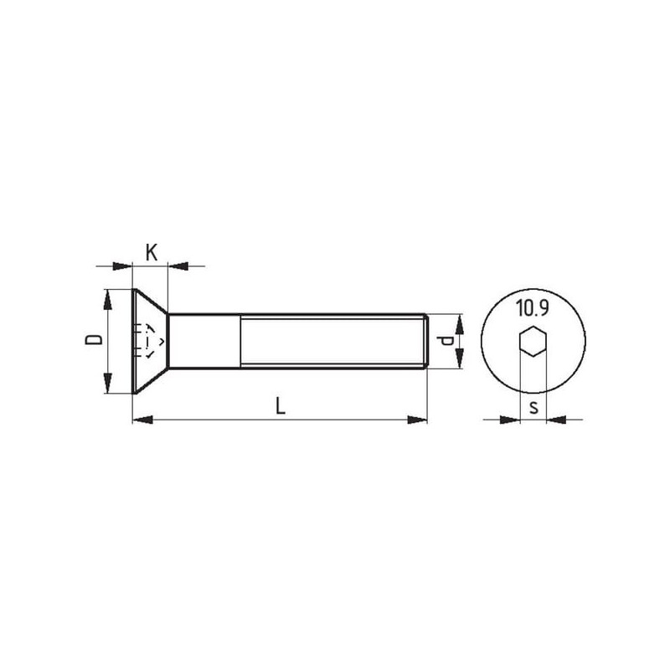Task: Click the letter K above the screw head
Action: tap(152, 253)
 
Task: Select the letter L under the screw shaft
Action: tap(281, 406)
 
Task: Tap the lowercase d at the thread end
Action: tap(446, 341)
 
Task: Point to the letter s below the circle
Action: tap(533, 408)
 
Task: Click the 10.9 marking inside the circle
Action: tap(532, 308)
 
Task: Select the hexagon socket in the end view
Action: tap(533, 341)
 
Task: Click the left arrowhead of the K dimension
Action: tap(122, 266)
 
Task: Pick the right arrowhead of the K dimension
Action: tap(178, 266)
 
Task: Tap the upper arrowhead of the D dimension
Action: tap(108, 299)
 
